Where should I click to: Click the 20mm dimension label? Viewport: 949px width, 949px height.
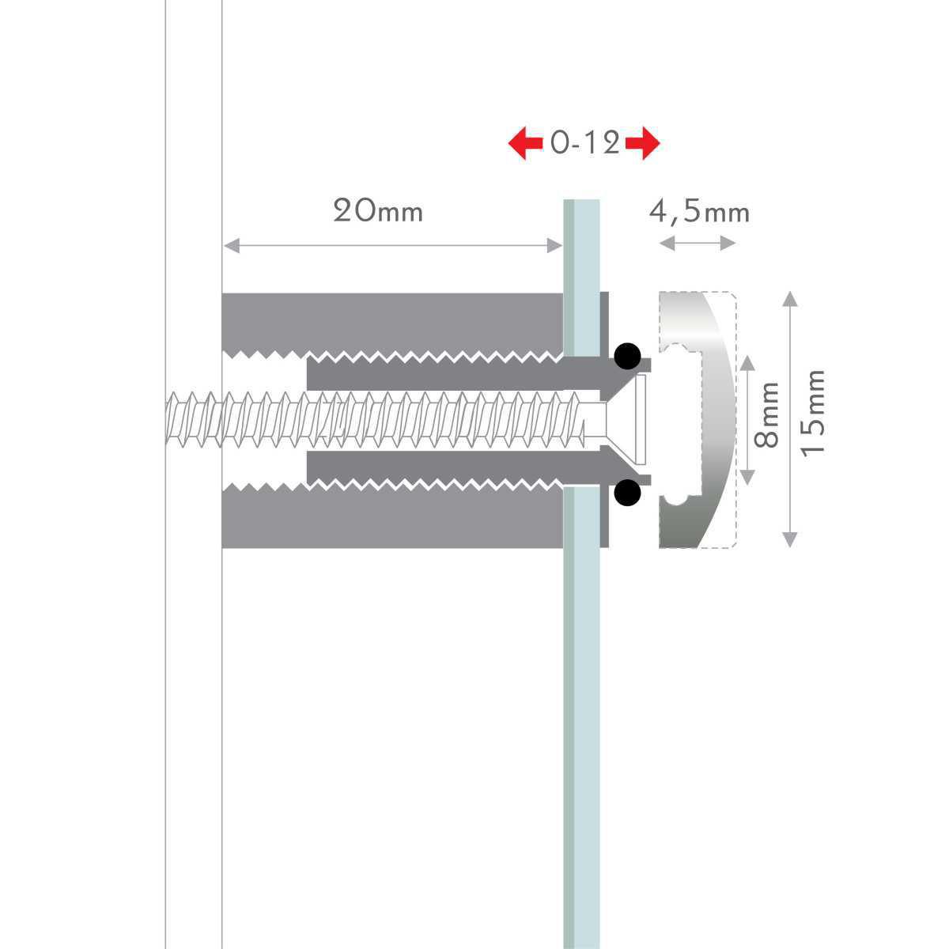(x=378, y=211)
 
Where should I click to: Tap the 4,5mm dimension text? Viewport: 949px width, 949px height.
(x=699, y=212)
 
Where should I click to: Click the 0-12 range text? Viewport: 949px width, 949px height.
(x=584, y=143)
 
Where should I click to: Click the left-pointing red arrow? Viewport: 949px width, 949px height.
(x=525, y=143)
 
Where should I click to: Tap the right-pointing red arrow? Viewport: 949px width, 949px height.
(x=643, y=143)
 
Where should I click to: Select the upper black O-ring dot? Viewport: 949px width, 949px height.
(x=627, y=356)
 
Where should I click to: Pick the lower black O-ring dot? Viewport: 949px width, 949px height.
(x=627, y=492)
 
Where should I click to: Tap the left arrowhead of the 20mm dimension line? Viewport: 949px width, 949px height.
(x=232, y=245)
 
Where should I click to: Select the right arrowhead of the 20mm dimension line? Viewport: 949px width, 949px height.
(x=554, y=245)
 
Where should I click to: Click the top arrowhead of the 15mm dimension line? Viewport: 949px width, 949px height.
(x=790, y=299)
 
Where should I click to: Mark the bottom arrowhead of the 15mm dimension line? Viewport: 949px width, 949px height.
(x=790, y=540)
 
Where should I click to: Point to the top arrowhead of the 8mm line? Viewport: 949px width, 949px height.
(x=747, y=363)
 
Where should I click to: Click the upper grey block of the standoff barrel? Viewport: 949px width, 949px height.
(x=392, y=324)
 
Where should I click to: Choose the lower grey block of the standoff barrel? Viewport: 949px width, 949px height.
(x=392, y=516)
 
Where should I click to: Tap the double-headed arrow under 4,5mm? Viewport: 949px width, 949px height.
(x=698, y=243)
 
